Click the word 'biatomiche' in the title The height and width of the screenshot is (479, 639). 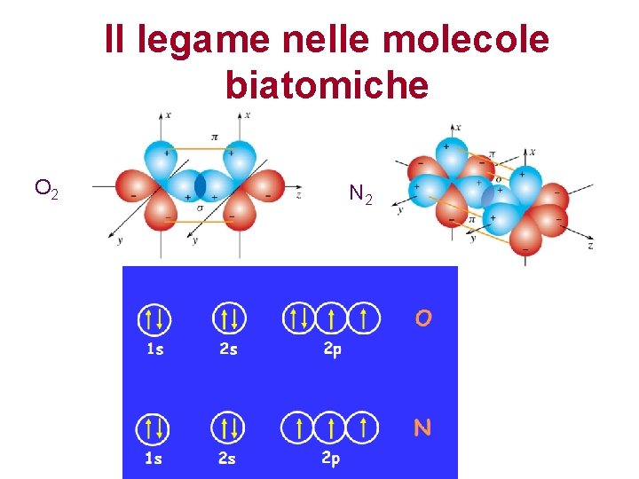pyautogui.click(x=327, y=85)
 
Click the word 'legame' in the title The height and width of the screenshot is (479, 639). pyautogui.click(x=187, y=40)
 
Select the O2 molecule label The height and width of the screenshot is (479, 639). pyautogui.click(x=46, y=188)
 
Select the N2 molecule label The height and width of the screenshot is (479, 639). pyautogui.click(x=361, y=193)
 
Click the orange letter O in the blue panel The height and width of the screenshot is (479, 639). pyautogui.click(x=423, y=318)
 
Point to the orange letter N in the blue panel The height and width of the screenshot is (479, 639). pyautogui.click(x=422, y=428)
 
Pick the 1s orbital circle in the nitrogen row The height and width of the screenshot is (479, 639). pyautogui.click(x=153, y=428)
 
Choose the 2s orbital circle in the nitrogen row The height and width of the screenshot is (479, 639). pyautogui.click(x=228, y=428)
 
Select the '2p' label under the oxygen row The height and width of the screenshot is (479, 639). pyautogui.click(x=332, y=349)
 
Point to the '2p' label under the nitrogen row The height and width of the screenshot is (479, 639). pyautogui.click(x=330, y=459)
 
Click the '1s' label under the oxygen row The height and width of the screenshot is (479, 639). pyautogui.click(x=155, y=349)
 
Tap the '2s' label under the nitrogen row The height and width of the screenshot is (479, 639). pyautogui.click(x=228, y=459)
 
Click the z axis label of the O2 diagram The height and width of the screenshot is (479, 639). pyautogui.click(x=299, y=193)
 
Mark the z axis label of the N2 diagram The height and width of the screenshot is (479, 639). pyautogui.click(x=590, y=245)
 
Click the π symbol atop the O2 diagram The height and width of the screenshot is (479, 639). pyautogui.click(x=215, y=137)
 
